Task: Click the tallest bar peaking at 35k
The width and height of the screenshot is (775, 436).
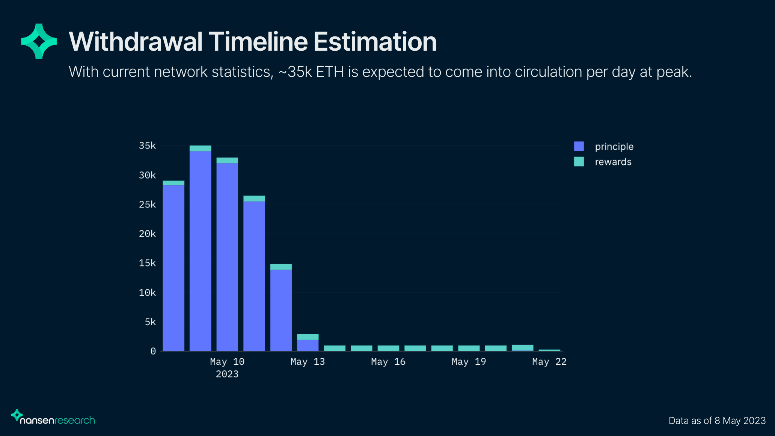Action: [x=200, y=248]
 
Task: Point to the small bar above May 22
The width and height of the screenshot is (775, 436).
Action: [x=549, y=350]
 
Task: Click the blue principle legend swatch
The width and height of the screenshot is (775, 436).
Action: [x=579, y=146]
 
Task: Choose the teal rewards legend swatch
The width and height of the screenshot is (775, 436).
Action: [x=579, y=162]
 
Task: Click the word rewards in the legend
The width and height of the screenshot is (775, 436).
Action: [x=613, y=162]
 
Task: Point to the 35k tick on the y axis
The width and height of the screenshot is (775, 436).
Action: [x=147, y=146]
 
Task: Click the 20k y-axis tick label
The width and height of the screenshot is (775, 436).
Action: [x=147, y=234]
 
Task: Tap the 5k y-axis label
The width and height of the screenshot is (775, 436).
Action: [x=150, y=322]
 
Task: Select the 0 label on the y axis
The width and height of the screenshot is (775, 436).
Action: [x=153, y=351]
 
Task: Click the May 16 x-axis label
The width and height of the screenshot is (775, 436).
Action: [x=388, y=362]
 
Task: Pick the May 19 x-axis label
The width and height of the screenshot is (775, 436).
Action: [x=469, y=362]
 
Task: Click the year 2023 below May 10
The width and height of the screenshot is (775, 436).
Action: [x=227, y=374]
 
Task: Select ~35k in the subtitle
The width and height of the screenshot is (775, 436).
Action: [x=295, y=72]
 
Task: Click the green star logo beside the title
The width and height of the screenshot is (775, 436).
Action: [x=39, y=41]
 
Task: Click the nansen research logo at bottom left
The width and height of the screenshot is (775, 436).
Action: [x=53, y=418]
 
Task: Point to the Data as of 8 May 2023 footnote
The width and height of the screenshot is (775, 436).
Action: [x=717, y=421]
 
